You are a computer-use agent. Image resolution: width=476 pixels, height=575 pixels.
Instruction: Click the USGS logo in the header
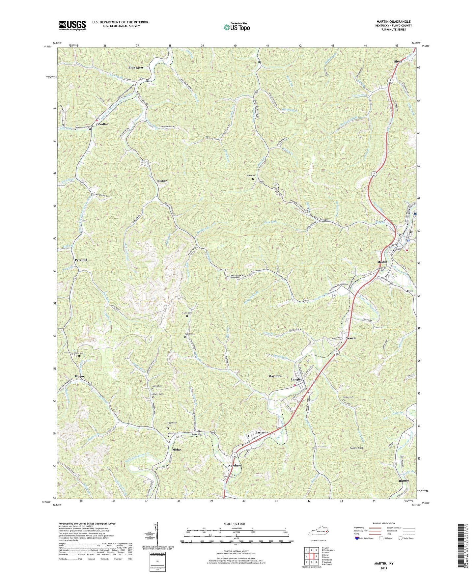72,25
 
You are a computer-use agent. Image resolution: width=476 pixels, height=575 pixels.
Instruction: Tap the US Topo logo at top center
236,27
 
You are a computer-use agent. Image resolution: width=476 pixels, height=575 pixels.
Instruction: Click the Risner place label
162,181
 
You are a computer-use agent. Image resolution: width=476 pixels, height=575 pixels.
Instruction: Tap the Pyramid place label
81,260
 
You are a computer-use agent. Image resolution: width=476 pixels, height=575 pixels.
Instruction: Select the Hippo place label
79,376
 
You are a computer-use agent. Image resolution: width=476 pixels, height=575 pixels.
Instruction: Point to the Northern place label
235,466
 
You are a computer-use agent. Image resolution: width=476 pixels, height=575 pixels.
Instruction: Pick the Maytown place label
275,376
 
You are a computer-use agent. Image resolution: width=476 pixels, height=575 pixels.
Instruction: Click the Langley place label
296,379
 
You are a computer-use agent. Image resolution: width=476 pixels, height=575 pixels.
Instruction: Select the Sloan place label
398,62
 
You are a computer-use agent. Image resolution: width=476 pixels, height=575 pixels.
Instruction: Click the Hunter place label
403,481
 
